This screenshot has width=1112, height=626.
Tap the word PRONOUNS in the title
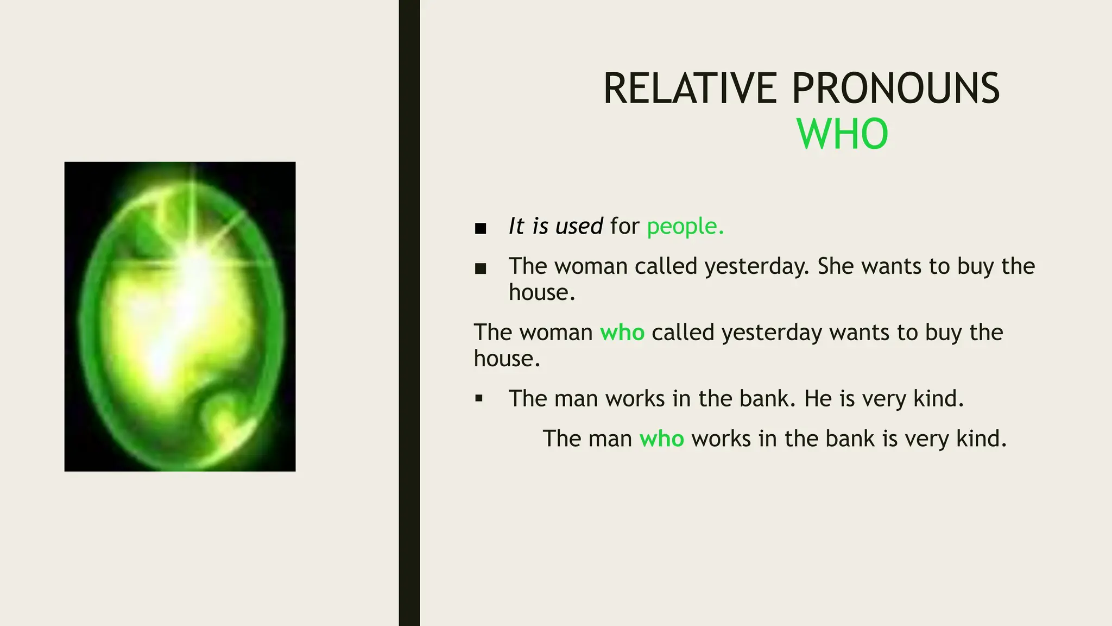tap(896, 89)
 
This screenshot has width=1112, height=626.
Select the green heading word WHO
tap(842, 134)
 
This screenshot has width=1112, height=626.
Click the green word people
tap(685, 227)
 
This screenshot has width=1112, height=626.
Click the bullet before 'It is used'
tap(480, 228)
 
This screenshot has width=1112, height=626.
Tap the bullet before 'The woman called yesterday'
tap(480, 268)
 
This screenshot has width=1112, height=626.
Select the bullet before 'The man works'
tap(478, 399)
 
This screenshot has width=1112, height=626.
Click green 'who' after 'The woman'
tap(622, 333)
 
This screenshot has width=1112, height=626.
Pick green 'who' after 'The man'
tap(661, 439)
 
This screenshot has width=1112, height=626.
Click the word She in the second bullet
tap(836, 266)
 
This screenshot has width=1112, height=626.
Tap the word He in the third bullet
tap(818, 399)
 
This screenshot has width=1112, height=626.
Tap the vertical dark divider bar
tap(409, 313)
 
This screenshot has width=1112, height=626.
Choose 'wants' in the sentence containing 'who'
tap(859, 333)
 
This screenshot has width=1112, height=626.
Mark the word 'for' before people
tap(624, 226)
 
